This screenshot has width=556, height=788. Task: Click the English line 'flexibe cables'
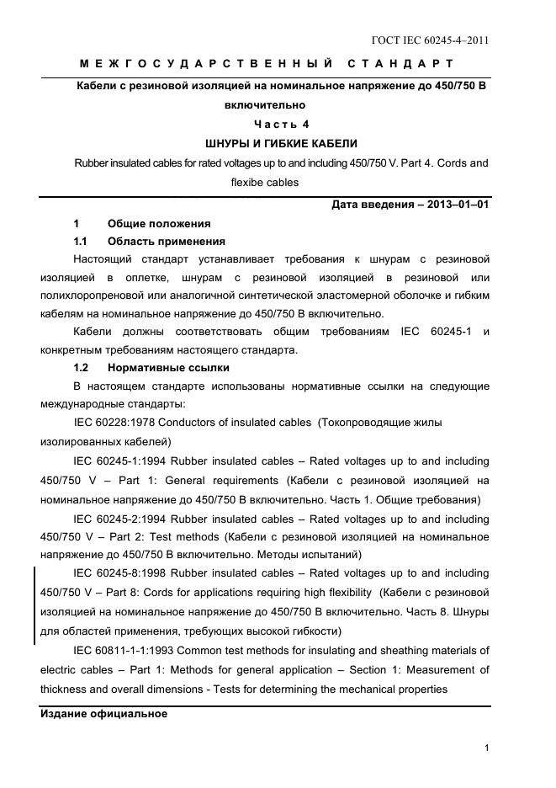pyautogui.click(x=264, y=181)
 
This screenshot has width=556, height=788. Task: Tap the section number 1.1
pyautogui.click(x=82, y=242)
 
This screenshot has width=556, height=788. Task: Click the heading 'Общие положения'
pyautogui.click(x=159, y=223)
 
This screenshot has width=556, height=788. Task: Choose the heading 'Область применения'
pyautogui.click(x=167, y=242)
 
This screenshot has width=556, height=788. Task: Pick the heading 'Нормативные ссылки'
pyautogui.click(x=168, y=367)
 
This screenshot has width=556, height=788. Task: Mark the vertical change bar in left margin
pyautogui.click(x=34, y=604)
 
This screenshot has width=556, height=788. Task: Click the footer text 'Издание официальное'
pyautogui.click(x=104, y=714)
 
